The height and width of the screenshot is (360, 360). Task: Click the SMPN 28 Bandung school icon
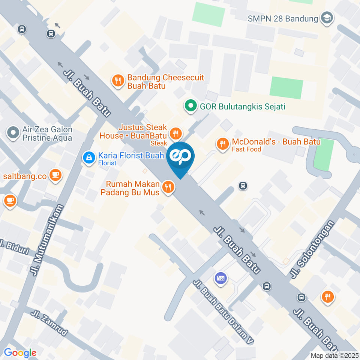327,18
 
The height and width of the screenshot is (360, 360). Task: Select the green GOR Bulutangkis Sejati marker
191,106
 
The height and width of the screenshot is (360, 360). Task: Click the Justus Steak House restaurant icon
175,133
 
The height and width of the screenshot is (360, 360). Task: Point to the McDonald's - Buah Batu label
276,142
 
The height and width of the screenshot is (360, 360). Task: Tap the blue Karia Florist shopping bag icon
89,157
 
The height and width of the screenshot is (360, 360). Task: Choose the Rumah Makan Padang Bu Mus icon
169,187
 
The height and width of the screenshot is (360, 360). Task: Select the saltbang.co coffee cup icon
55,175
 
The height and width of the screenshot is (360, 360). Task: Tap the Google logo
20,352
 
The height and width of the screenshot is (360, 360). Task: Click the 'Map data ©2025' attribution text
334,355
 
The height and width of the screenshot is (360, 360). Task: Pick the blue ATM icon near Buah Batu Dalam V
220,278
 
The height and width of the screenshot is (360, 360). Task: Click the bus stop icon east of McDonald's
243,185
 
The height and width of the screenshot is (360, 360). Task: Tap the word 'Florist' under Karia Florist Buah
107,163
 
